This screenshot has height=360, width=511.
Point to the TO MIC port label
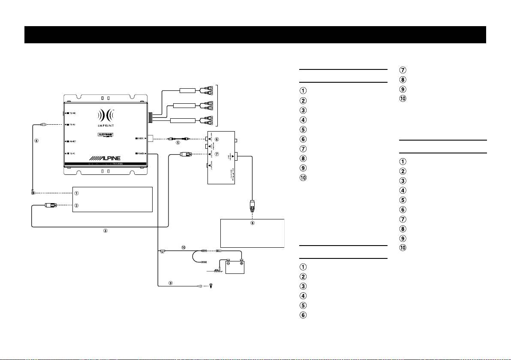click(x=71, y=114)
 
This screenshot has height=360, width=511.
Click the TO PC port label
click(x=71, y=153)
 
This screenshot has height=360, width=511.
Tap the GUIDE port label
click(x=140, y=138)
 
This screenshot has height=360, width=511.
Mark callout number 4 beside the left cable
click(x=38, y=140)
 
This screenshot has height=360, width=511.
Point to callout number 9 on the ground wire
click(x=171, y=282)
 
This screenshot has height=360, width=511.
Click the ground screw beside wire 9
click(x=210, y=286)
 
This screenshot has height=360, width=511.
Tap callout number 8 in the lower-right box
click(x=252, y=223)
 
